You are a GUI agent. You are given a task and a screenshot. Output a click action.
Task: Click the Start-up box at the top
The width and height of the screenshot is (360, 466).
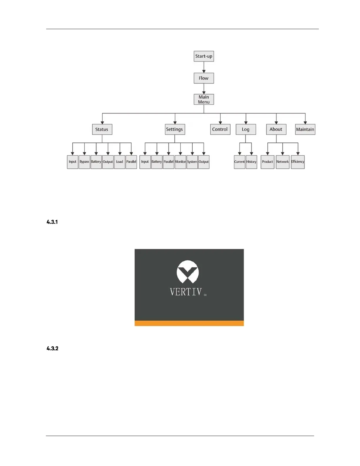pos(204,56)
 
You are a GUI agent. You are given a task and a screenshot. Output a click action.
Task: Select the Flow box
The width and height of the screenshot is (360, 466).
pos(204,78)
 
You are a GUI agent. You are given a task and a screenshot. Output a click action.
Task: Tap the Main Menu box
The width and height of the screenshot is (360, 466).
pos(204,99)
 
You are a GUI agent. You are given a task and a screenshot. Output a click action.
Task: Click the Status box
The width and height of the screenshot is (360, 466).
pos(102,129)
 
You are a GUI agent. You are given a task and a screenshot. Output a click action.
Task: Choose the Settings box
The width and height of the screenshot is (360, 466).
pos(175,129)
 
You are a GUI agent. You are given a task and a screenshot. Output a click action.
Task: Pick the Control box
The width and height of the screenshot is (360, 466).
pos(220,129)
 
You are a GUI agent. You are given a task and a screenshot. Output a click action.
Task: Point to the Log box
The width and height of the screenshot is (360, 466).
pos(246,129)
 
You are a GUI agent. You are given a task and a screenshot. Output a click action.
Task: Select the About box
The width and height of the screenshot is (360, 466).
pos(276,129)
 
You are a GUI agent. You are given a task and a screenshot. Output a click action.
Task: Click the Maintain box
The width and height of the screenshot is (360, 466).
pos(305,129)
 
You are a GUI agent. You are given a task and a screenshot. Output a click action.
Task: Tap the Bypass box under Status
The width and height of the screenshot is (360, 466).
pos(84,162)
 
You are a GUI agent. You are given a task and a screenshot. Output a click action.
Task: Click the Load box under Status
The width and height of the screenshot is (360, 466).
pos(119,162)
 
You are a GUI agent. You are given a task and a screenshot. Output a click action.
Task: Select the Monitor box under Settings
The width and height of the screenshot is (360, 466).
pos(180,162)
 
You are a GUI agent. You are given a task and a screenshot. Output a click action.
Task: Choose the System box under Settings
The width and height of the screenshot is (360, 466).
pos(192,162)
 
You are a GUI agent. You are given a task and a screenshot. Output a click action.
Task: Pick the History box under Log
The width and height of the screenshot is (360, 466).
pos(251,162)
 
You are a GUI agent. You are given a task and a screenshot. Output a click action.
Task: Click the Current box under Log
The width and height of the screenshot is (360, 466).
pos(239,162)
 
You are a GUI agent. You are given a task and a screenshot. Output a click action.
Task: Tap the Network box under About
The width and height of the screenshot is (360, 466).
pos(282,162)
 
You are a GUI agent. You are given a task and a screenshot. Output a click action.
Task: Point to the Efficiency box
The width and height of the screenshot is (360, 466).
pos(298,162)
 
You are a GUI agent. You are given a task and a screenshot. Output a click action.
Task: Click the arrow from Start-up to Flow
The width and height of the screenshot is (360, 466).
pos(204,67)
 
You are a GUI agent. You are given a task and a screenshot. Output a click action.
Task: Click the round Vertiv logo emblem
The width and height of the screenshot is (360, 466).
pos(188,272)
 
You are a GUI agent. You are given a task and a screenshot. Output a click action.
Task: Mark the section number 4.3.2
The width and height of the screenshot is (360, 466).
pos(52,349)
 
